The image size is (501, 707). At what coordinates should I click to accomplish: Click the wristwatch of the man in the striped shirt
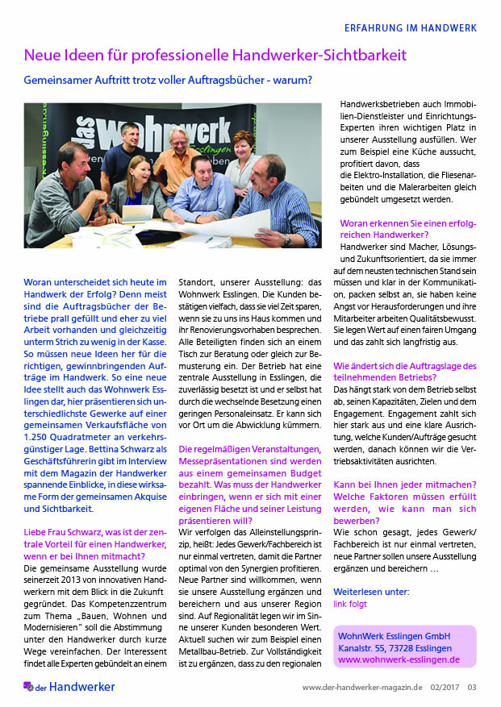click(x=286, y=239)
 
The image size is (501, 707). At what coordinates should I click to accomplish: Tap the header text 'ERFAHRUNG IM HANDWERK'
click(x=411, y=27)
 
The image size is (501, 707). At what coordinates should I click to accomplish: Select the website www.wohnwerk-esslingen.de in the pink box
click(x=399, y=659)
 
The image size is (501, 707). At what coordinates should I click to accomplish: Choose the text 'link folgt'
click(x=350, y=604)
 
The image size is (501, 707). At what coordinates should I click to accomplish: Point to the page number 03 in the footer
click(x=472, y=688)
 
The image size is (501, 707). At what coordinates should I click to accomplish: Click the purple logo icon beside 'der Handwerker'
click(x=28, y=687)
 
